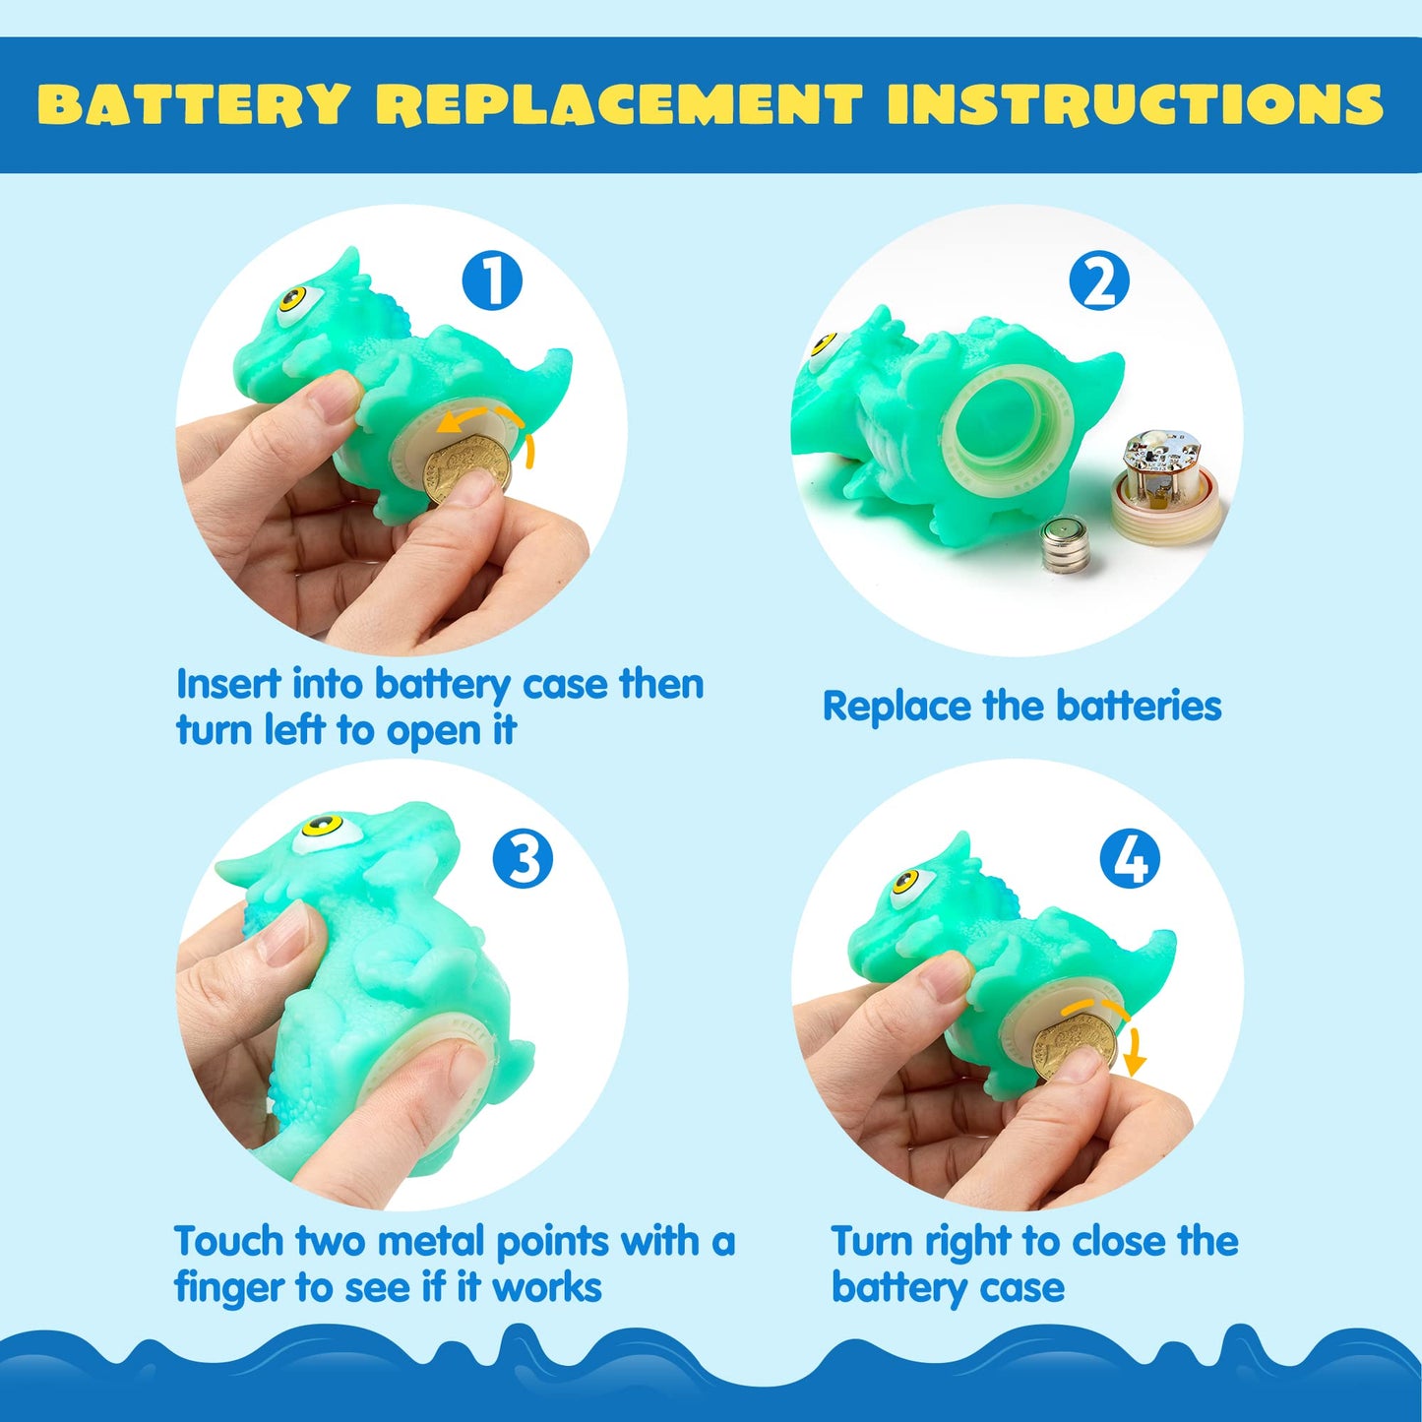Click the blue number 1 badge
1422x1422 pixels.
point(492,280)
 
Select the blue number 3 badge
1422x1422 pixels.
point(523,858)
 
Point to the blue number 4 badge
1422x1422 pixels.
point(1130,858)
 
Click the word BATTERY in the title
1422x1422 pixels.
point(194,104)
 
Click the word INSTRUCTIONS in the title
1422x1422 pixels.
point(1135,104)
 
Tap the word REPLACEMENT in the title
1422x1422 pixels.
point(619,104)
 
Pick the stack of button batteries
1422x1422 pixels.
point(1067,547)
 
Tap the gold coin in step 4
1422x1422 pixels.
point(1075,1046)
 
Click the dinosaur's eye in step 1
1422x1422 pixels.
point(293,300)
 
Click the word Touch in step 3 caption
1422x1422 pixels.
point(228,1242)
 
